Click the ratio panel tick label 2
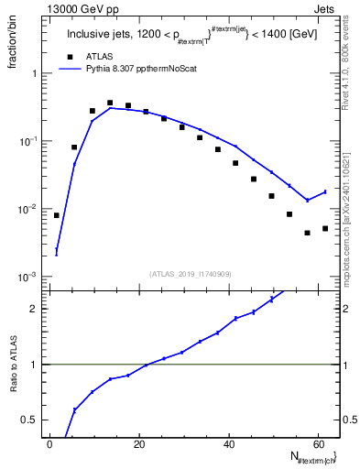[x=34, y=309]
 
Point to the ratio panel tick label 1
[x=34, y=365]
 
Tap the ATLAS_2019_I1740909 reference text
[x=190, y=273]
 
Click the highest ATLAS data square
[x=110, y=104]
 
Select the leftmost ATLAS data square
[x=57, y=215]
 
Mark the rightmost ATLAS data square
[x=325, y=228]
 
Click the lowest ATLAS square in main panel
[x=308, y=233]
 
